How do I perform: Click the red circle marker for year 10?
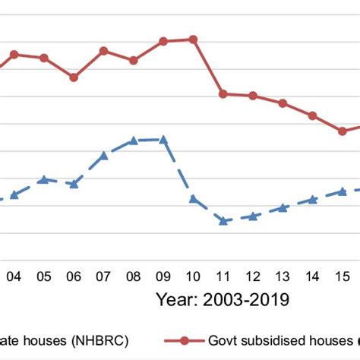point(193,39)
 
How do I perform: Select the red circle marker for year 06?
point(74,77)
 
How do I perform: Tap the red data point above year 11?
point(223,93)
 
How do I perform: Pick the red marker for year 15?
point(343,131)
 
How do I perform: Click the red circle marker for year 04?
point(14,54)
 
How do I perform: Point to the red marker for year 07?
point(104,51)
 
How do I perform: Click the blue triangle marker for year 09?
point(163,139)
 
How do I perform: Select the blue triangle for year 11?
point(223,220)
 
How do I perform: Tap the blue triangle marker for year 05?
point(44,179)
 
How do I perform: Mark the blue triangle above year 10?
point(193,198)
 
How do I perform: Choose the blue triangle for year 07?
point(104,155)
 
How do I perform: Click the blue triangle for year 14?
point(312,199)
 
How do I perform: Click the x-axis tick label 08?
point(133,276)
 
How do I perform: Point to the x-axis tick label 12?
point(253,276)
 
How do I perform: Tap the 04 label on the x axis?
point(14,276)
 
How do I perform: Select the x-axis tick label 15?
point(343,276)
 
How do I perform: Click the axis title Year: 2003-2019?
point(223,299)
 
